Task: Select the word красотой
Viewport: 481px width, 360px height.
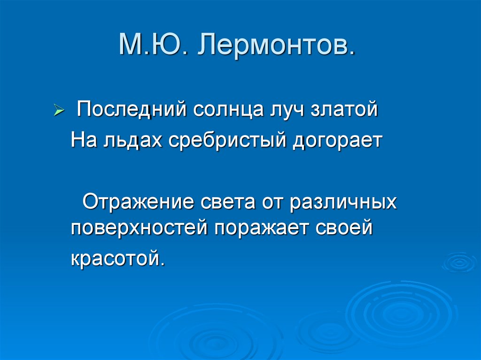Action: coord(118,258)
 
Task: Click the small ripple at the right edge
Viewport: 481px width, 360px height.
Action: coord(458,262)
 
